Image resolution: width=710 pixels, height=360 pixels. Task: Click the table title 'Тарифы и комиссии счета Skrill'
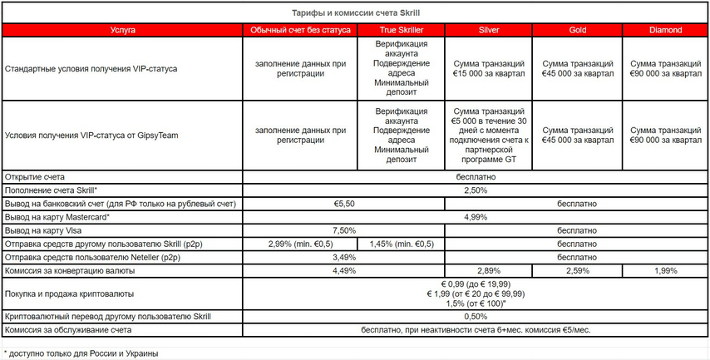click(x=354, y=13)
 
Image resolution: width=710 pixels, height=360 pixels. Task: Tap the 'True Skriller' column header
click(x=402, y=30)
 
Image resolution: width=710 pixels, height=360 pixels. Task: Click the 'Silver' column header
click(x=489, y=30)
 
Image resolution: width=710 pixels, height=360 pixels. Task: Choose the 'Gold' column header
click(x=577, y=30)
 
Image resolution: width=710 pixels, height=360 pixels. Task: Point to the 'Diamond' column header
click(x=666, y=30)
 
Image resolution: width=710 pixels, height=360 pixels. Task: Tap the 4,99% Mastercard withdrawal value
click(x=476, y=217)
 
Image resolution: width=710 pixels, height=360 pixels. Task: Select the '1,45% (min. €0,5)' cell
click(x=402, y=244)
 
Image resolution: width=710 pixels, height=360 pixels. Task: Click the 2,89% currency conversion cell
click(x=489, y=270)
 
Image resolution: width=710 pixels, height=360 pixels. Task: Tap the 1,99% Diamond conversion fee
click(x=666, y=270)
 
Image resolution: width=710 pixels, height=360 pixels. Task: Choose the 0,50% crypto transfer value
click(x=476, y=317)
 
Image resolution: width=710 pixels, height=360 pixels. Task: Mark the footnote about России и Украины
click(x=81, y=353)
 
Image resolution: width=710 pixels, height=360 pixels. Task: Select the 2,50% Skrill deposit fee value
click(x=476, y=190)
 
